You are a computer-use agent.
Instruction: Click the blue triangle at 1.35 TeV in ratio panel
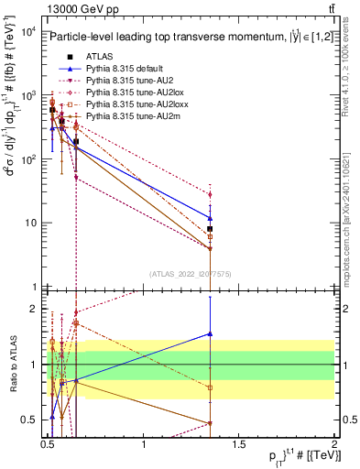[211, 334]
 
